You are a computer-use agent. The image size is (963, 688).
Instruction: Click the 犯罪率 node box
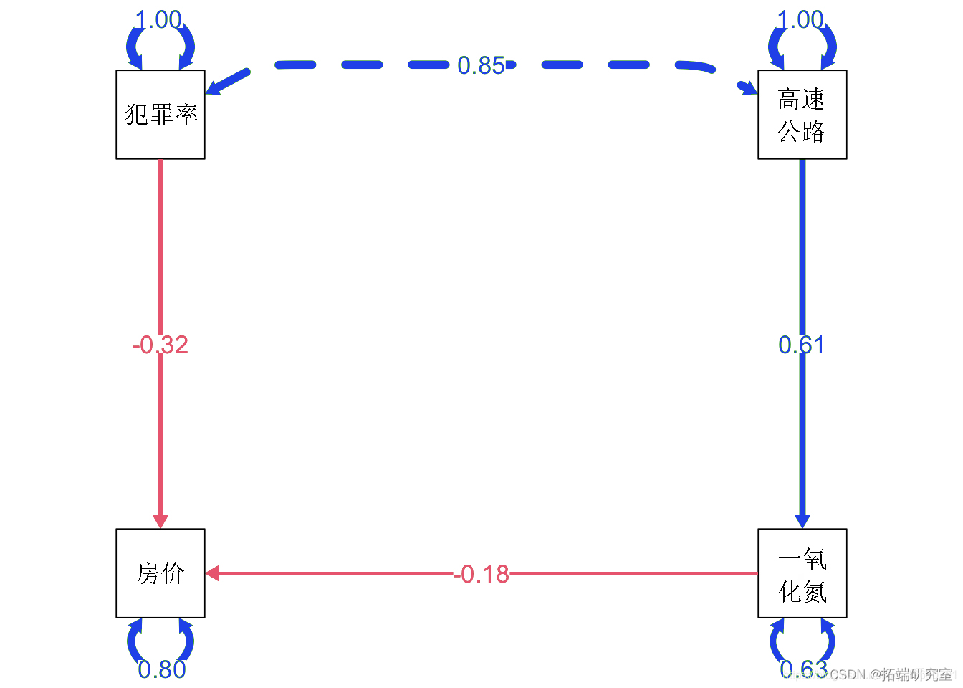[x=160, y=115]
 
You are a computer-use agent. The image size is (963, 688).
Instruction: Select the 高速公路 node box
[x=802, y=115]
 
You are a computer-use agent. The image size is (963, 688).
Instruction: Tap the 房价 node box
[x=160, y=573]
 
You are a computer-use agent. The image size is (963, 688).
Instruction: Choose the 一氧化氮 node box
[x=802, y=573]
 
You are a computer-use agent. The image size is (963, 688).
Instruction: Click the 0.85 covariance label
[x=481, y=66]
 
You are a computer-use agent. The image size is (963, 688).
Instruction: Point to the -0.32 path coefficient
[x=160, y=345]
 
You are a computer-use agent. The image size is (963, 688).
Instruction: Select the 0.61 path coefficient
[x=801, y=345]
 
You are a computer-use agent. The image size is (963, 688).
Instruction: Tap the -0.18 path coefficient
[x=481, y=574]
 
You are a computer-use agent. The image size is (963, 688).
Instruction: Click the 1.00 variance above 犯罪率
[x=158, y=19]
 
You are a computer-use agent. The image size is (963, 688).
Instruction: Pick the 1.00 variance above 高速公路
[x=800, y=19]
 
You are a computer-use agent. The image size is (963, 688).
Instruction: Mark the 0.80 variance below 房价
[x=161, y=669]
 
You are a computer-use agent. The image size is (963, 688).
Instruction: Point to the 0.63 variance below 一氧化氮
[x=802, y=669]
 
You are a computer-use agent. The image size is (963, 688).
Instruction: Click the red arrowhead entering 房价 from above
[x=160, y=521]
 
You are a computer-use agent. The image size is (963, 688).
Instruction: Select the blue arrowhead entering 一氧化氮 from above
[x=802, y=521]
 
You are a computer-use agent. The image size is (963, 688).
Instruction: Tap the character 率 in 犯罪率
[x=186, y=115]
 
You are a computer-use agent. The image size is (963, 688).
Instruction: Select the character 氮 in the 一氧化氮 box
[x=815, y=592]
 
